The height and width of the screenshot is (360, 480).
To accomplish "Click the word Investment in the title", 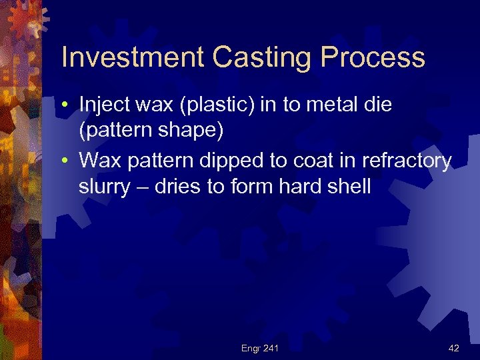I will point(133,59).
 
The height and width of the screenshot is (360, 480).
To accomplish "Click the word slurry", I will point(105,187).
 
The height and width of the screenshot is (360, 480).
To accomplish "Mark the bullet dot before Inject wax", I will point(69,105).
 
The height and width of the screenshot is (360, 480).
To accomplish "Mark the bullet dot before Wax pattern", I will point(69,161).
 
